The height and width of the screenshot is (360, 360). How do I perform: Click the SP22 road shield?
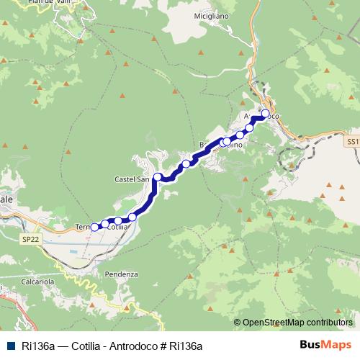pyautogui.click(x=30, y=238)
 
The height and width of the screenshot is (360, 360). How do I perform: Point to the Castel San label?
pyautogui.click(x=130, y=179)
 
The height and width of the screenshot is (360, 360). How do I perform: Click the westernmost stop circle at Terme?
pyautogui.click(x=94, y=227)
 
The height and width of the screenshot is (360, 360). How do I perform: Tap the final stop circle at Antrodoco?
pyautogui.click(x=265, y=114)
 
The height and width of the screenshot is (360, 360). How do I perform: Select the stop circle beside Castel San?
pyautogui.click(x=158, y=176)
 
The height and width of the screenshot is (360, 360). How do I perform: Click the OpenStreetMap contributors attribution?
pyautogui.click(x=296, y=323)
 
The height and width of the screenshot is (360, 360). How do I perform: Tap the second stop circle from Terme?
pyautogui.click(x=105, y=224)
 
